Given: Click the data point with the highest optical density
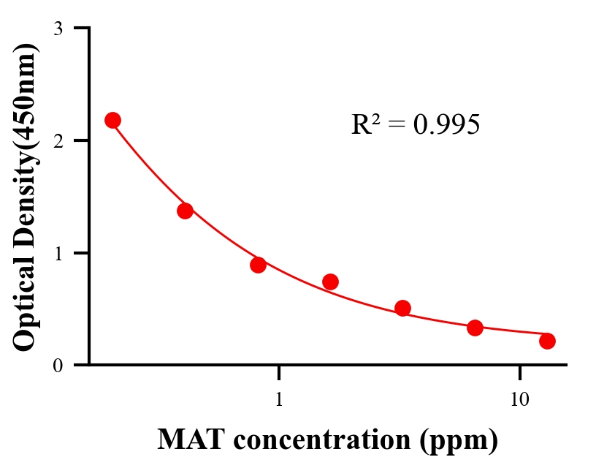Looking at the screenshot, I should (x=112, y=120).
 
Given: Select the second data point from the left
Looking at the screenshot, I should (x=185, y=211).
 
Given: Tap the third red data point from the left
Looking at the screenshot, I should (x=258, y=265).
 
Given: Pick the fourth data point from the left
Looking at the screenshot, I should (x=330, y=282).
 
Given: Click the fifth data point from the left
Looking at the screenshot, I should (x=402, y=308).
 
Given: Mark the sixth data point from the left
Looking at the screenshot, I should (x=475, y=328).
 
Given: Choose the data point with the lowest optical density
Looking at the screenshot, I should (x=547, y=341).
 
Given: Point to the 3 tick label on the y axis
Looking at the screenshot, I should (x=58, y=29).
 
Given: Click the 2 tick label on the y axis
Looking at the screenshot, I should (x=58, y=141).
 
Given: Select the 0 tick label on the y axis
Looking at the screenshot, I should (x=58, y=366).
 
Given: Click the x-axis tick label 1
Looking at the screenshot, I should (x=279, y=400).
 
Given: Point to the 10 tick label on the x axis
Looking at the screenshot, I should (x=519, y=400).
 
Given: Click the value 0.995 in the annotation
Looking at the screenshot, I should (x=446, y=125).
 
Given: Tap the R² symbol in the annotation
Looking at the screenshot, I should (x=365, y=124).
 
